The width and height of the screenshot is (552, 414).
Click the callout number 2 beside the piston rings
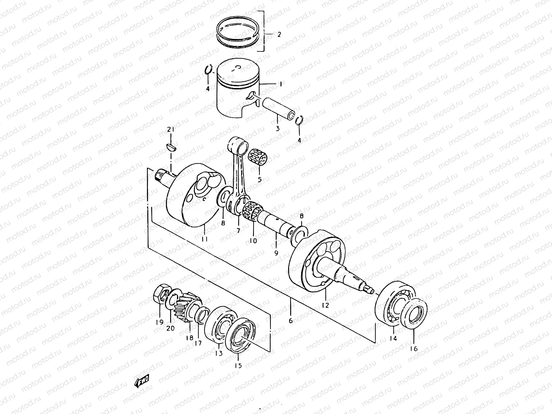[x=279, y=34]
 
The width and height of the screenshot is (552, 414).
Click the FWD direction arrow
[x=142, y=380]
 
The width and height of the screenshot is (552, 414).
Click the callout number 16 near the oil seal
[x=414, y=348]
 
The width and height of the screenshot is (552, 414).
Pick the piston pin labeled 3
[x=277, y=107]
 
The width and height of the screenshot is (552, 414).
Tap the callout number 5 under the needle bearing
[x=259, y=179]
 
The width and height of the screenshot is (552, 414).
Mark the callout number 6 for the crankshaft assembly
[x=290, y=321]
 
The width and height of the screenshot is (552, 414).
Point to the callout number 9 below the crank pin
[x=276, y=253]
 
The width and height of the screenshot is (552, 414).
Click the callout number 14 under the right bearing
[x=393, y=338]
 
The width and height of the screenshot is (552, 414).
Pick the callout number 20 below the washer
[x=170, y=328]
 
